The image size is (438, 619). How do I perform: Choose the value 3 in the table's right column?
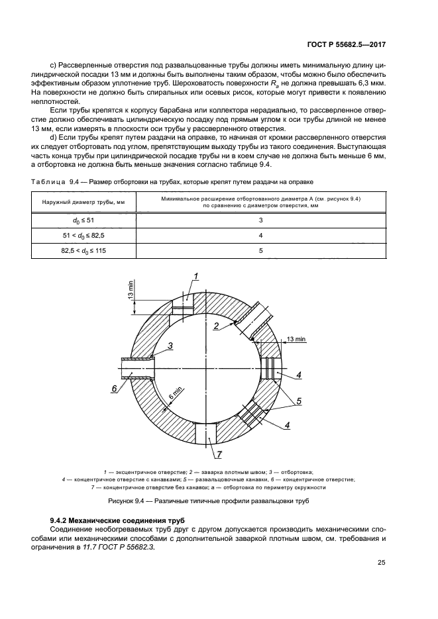pyautogui.click(x=260, y=219)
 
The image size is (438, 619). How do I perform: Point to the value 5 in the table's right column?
pyautogui.click(x=260, y=250)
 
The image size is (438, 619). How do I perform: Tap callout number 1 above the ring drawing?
pyautogui.click(x=196, y=275)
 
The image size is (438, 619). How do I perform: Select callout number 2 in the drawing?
pyautogui.click(x=216, y=326)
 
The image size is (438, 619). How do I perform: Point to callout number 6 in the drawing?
pyautogui.click(x=114, y=389)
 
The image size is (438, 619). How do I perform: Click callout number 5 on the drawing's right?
pyautogui.click(x=299, y=401)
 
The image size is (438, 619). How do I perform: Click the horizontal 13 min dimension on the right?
pyautogui.click(x=296, y=339)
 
